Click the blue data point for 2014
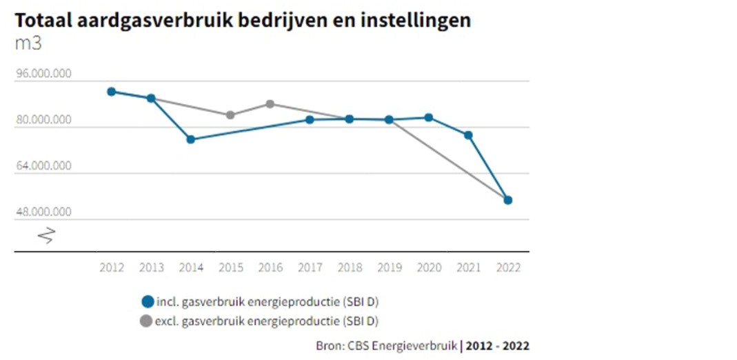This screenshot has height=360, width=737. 191,139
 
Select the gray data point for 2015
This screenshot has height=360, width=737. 230,115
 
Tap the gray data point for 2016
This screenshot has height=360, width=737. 270,104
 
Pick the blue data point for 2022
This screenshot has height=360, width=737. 508,200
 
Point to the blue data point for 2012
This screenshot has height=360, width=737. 111,92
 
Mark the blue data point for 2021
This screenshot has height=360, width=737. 468,135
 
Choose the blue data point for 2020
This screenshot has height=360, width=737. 429,118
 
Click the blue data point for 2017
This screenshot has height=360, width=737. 310,120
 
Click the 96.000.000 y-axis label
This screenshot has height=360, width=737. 44,74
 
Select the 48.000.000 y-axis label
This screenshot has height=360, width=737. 44,212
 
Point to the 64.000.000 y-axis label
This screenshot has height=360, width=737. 44,166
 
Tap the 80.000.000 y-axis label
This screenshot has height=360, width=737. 44,120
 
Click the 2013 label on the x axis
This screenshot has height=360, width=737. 151,268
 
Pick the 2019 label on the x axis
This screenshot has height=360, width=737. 389,268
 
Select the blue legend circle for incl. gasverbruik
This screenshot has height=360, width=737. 147,301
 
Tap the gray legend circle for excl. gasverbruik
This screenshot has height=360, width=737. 147,321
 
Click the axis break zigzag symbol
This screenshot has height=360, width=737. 46,236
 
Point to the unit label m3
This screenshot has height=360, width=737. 28,43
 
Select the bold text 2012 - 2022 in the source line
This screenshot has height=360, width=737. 497,345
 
